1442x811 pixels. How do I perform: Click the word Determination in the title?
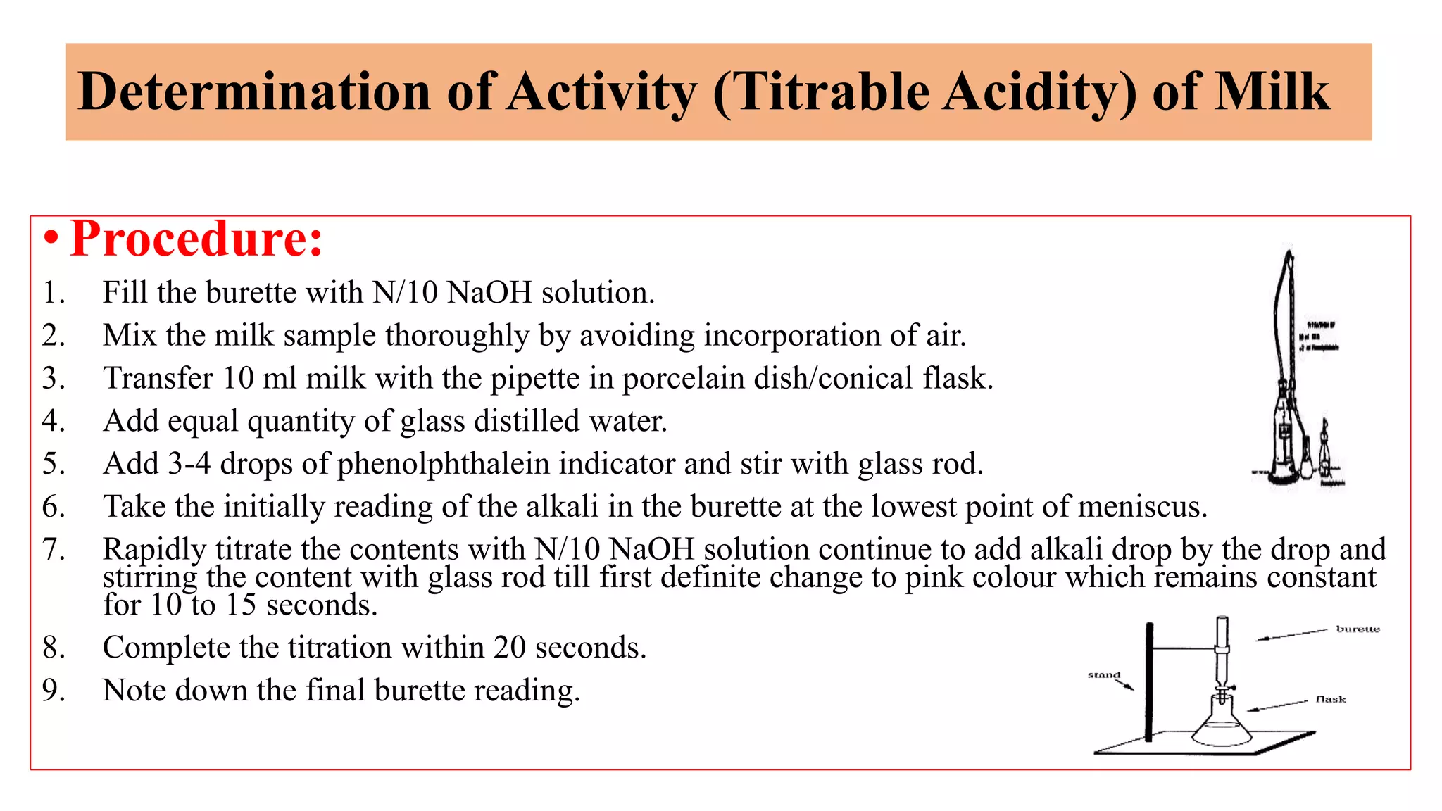click(254, 92)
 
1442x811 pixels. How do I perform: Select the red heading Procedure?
click(196, 239)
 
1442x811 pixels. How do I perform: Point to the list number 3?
click(53, 379)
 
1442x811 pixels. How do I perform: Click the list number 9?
click(53, 691)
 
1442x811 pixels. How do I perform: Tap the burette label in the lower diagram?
click(1358, 629)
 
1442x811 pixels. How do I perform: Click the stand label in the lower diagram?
click(1103, 675)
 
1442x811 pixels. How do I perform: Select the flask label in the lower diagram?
click(1331, 699)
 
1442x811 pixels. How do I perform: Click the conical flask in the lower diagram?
click(1222, 725)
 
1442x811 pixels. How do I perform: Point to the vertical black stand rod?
click(1149, 683)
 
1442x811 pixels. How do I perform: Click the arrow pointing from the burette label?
click(1292, 635)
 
